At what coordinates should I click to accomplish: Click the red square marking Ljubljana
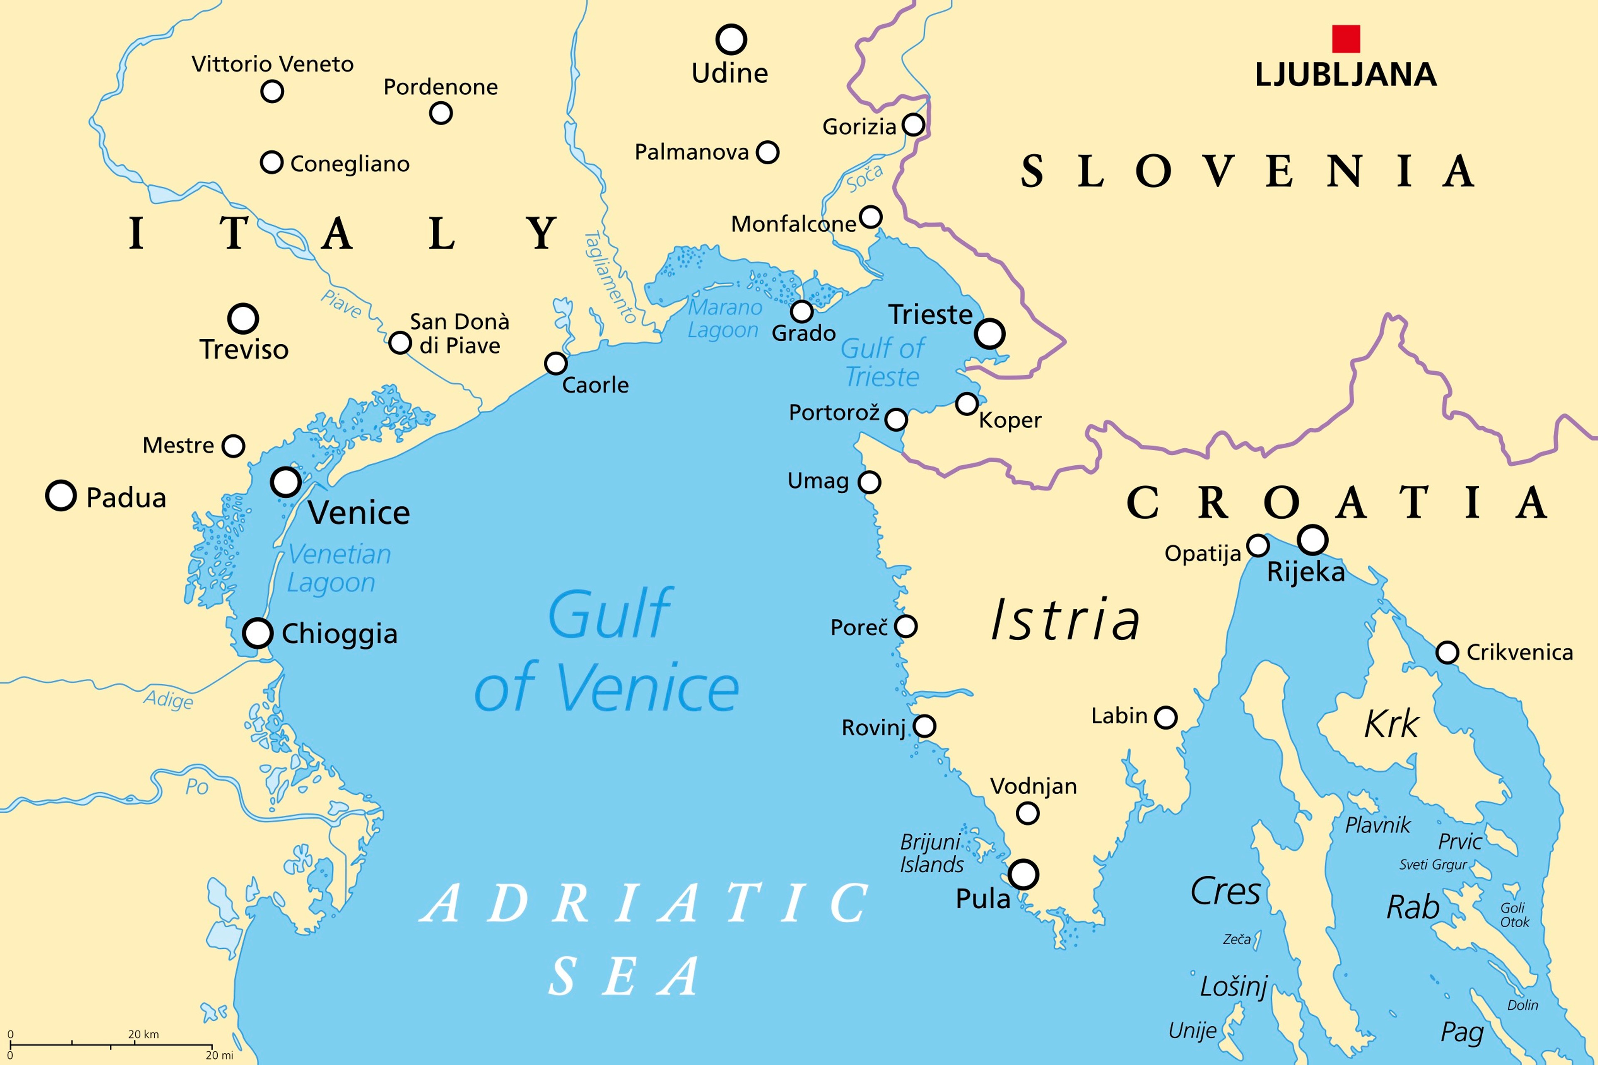coord(1345,39)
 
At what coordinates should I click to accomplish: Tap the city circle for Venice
coord(286,482)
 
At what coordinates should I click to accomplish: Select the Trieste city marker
coord(990,333)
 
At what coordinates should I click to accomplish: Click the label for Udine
coord(730,73)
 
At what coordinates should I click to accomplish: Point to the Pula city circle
coord(1023,874)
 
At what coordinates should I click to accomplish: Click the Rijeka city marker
coord(1312,540)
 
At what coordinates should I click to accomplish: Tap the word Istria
coord(1064,620)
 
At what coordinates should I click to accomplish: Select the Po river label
coord(196,787)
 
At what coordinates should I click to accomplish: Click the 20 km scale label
coord(143,1035)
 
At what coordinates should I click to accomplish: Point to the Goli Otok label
coord(1514,915)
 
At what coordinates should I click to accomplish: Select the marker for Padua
coord(60,496)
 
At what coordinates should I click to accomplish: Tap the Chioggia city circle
coord(258,633)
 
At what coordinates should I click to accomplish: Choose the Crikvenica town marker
coord(1447,653)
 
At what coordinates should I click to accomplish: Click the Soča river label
coord(864,178)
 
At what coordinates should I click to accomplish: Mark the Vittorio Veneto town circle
coord(272,91)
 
